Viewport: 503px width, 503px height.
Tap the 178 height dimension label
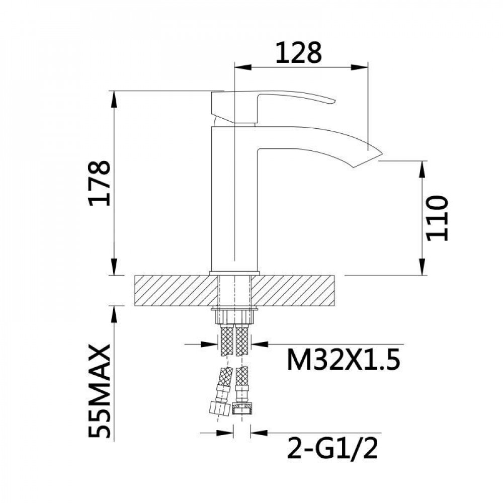point(99,183)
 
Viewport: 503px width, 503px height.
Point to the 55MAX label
point(99,391)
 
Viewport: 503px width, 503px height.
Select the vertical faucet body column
point(234,201)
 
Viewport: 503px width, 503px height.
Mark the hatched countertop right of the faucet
point(297,290)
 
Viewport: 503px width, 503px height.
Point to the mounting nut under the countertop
point(235,316)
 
